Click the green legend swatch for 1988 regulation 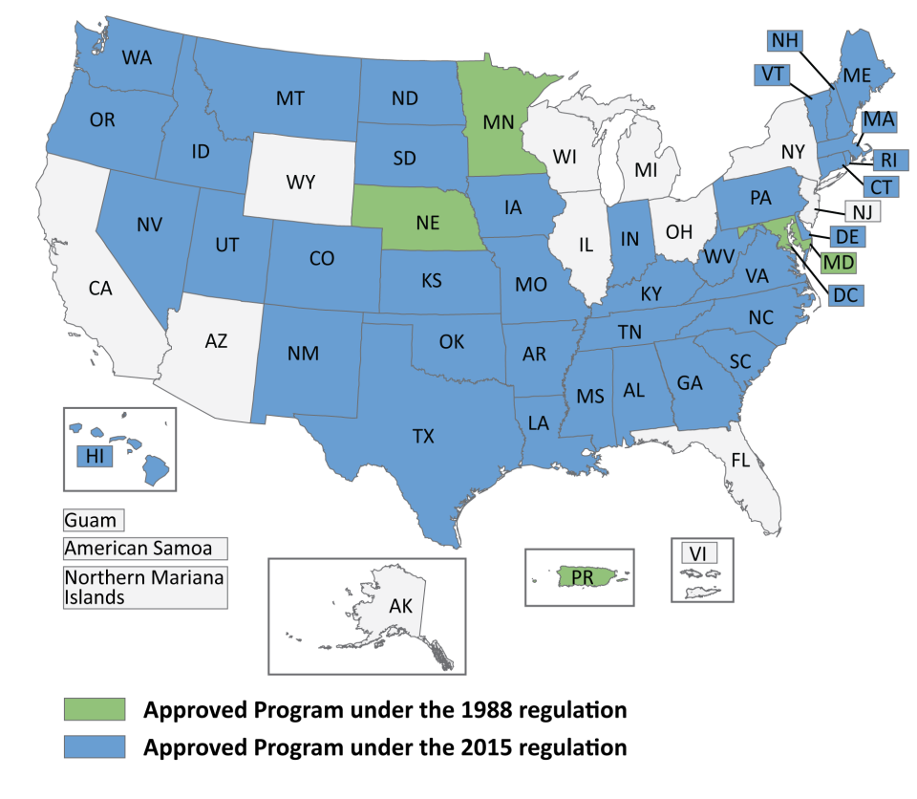[95, 709]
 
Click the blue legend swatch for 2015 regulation [95, 746]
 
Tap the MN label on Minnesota [499, 121]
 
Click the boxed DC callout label [844, 295]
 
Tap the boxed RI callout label [888, 159]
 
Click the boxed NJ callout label [861, 211]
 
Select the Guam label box [94, 521]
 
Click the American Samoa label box [145, 549]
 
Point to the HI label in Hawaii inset [95, 457]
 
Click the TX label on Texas [423, 437]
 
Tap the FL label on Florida [741, 459]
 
